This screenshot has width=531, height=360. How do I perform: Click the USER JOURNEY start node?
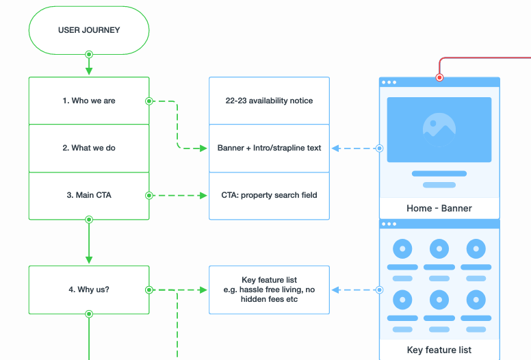click(88, 30)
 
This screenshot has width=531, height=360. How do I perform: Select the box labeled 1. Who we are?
click(88, 101)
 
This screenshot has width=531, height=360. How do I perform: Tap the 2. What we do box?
click(88, 148)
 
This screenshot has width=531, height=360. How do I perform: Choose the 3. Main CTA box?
click(88, 195)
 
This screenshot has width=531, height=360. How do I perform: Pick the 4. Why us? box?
click(88, 290)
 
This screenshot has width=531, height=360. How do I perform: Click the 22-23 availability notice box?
click(269, 101)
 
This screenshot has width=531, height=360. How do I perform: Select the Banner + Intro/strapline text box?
click(269, 148)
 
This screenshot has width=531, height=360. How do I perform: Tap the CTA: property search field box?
click(269, 195)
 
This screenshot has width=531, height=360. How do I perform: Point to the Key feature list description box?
click(269, 290)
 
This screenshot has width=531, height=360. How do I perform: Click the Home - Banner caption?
click(439, 208)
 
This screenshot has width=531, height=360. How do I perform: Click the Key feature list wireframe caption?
click(439, 350)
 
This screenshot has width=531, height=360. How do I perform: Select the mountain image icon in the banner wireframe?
click(439, 129)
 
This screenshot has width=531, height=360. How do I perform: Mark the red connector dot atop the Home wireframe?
click(439, 77)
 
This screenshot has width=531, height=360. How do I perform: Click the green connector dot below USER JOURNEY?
click(88, 54)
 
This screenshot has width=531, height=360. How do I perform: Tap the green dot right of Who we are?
click(148, 101)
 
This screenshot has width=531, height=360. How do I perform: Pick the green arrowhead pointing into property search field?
click(203, 195)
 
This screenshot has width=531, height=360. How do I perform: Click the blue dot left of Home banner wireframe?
click(380, 148)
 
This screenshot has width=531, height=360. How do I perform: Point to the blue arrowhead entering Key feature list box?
click(335, 290)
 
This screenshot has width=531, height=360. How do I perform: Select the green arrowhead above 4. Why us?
click(88, 260)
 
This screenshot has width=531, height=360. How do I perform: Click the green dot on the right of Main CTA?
click(148, 195)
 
